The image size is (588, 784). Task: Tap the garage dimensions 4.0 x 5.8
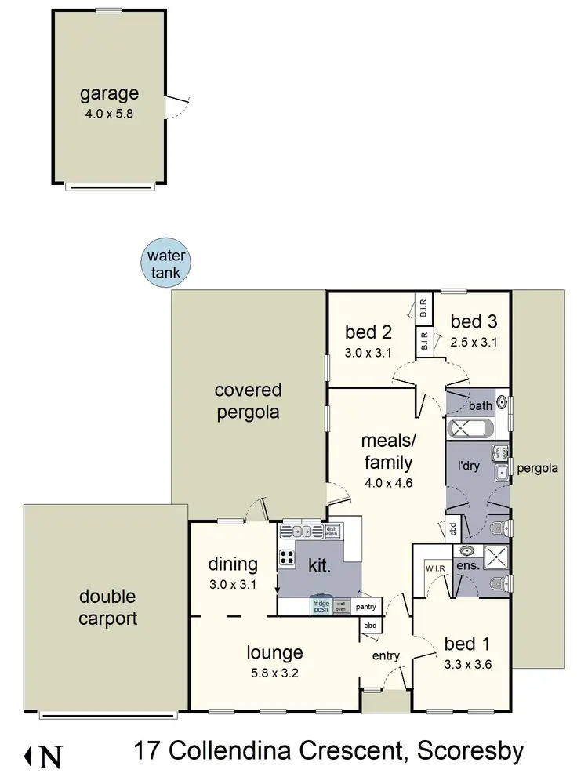(109, 113)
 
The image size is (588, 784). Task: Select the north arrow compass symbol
(44, 757)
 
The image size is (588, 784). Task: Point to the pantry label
(365, 607)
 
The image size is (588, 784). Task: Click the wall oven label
(341, 606)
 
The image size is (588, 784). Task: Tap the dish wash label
(332, 531)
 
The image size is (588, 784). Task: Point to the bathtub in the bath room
(470, 430)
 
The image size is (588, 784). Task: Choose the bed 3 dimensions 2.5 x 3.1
(474, 342)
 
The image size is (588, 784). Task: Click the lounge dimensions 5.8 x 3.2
(274, 672)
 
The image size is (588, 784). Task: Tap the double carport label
(108, 608)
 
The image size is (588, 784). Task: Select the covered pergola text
(248, 401)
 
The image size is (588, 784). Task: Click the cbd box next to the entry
(370, 625)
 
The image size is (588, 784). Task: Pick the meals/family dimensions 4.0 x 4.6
(388, 481)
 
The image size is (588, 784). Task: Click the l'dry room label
(468, 464)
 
